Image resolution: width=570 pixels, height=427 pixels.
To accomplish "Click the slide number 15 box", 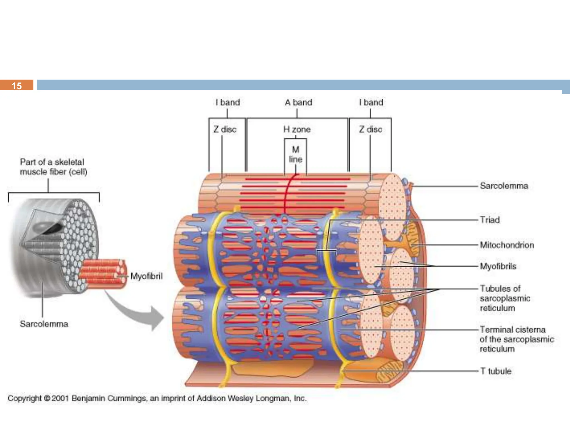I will (x=17, y=85).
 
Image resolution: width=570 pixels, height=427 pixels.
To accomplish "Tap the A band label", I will (x=298, y=102).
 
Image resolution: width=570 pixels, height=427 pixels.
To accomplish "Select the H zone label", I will (x=297, y=129).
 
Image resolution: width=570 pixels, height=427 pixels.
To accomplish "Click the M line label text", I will (x=296, y=155).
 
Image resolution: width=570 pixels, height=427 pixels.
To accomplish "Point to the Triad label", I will (x=490, y=220).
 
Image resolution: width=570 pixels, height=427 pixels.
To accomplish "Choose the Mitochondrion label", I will (x=507, y=245).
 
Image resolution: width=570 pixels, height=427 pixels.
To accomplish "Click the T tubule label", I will (x=496, y=371).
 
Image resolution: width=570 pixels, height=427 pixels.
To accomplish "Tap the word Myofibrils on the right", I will (x=498, y=266).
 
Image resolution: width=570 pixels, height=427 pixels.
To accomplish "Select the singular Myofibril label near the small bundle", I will (x=146, y=276).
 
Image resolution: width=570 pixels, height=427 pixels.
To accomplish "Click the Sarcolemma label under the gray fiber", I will (x=44, y=324).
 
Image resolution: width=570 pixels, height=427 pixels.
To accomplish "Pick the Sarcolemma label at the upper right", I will (x=504, y=186).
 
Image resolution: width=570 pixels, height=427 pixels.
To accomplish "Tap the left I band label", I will (x=228, y=102).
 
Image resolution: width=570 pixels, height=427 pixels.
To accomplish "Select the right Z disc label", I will (x=370, y=129).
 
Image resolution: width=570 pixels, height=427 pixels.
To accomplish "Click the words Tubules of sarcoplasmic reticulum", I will (x=504, y=298).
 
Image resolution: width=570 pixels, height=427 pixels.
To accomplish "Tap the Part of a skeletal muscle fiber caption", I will (x=53, y=167).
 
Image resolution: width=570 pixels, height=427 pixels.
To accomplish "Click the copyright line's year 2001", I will (x=60, y=398).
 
